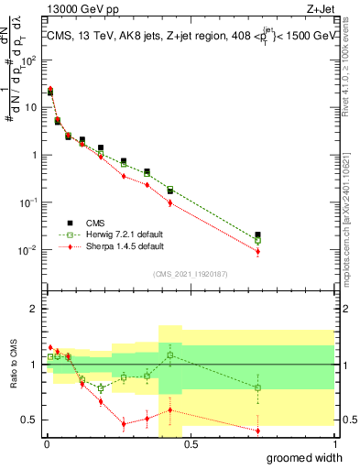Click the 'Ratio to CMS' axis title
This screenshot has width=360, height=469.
click(12, 376)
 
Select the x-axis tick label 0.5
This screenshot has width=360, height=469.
click(190, 443)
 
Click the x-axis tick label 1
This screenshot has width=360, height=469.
click(333, 443)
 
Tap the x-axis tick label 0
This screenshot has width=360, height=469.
click(47, 443)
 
